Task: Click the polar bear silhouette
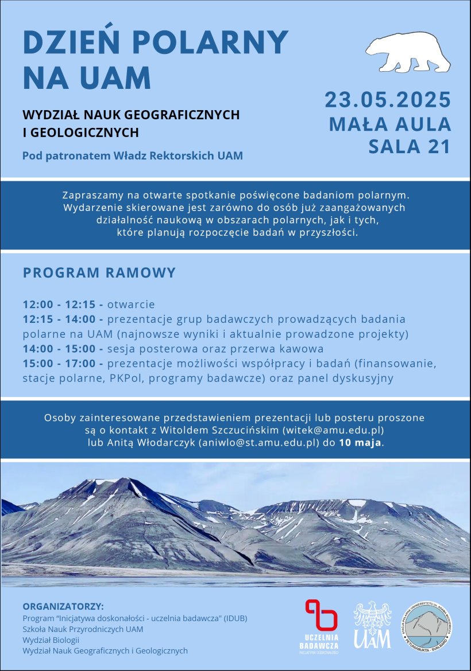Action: tap(407, 52)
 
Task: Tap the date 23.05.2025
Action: tap(388, 100)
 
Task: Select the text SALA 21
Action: tap(410, 147)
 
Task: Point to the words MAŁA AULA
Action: tap(390, 124)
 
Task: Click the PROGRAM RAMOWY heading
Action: tap(99, 272)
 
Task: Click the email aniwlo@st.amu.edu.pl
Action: tap(267, 443)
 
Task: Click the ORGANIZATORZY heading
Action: tap(63, 606)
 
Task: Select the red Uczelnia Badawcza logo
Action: tap(321, 626)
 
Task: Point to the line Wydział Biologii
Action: tap(51, 639)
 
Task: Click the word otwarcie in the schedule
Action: tap(131, 305)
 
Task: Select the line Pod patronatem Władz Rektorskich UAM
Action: tap(133, 155)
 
